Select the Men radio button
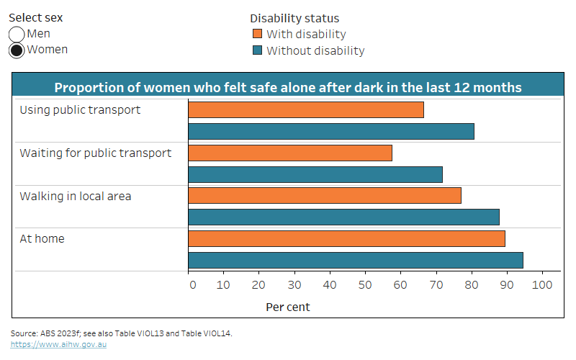(17, 35)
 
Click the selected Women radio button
(17, 50)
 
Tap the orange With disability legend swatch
(256, 35)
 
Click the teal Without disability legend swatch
(256, 51)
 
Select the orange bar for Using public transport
(305, 109)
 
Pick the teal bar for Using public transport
(330, 131)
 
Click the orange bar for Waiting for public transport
(289, 153)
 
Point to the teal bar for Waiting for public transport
(315, 174)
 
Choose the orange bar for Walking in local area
(324, 196)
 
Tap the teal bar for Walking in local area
(343, 217)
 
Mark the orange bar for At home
(346, 239)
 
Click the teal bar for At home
(355, 261)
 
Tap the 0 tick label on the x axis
(192, 285)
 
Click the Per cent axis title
(288, 307)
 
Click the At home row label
(42, 239)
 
